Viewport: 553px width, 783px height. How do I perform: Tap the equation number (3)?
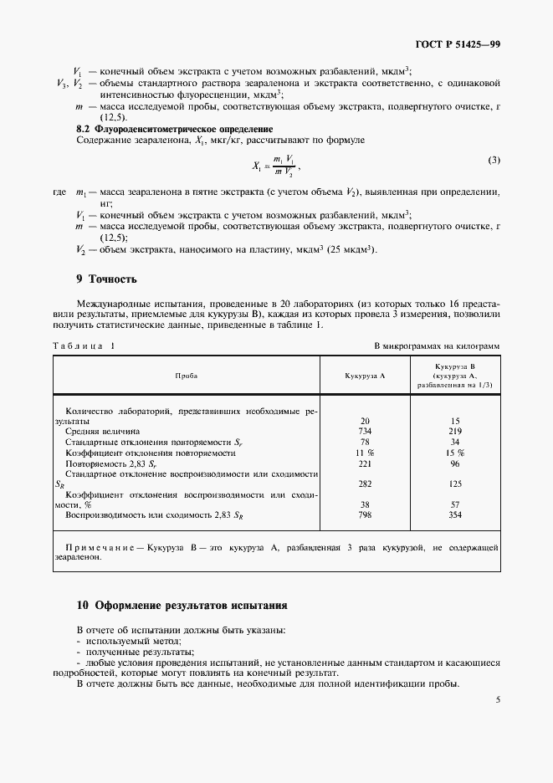click(x=494, y=160)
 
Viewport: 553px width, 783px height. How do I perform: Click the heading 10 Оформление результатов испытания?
click(x=182, y=604)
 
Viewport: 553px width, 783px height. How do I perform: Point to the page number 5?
click(x=497, y=700)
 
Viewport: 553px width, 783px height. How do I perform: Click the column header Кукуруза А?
click(x=365, y=376)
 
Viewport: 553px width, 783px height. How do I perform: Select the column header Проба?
click(x=187, y=376)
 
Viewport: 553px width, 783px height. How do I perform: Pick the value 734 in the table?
click(x=365, y=432)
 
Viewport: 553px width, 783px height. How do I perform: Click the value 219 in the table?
click(x=455, y=432)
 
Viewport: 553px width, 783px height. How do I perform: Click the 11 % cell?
click(x=365, y=453)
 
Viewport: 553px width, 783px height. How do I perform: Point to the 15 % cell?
click(x=455, y=453)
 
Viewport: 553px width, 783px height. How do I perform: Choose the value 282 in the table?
click(x=365, y=484)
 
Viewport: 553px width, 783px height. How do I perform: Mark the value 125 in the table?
click(x=455, y=484)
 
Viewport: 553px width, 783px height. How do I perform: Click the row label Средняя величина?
click(x=105, y=432)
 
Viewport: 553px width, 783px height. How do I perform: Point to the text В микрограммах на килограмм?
click(x=436, y=345)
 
